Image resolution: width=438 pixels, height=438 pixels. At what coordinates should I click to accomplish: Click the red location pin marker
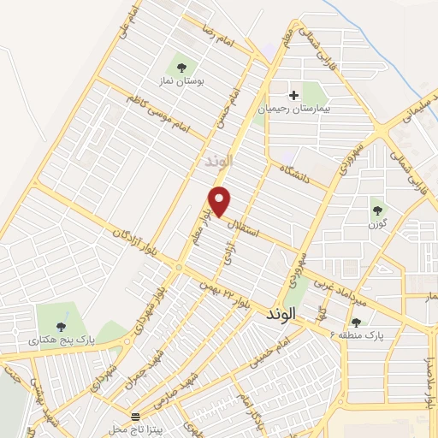pos(222,200)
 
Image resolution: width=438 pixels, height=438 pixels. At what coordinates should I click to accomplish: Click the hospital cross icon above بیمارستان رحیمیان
pos(294,95)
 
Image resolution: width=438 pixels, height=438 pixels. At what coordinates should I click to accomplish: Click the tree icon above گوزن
pos(376,206)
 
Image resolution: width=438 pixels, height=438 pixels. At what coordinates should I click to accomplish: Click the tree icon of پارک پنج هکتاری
pos(60,326)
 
